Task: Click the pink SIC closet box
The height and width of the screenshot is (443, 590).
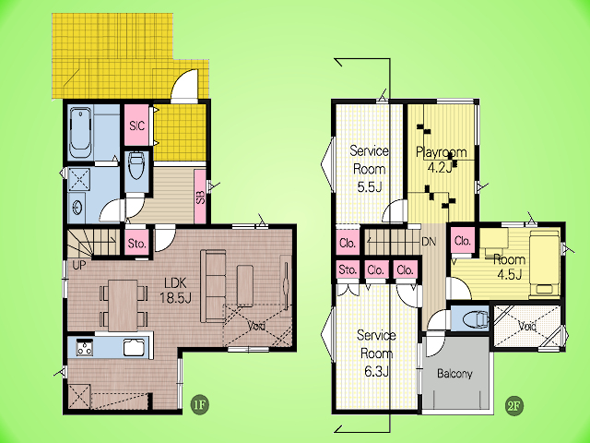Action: point(136,126)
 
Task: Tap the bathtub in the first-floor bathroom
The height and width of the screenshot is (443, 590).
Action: point(81,133)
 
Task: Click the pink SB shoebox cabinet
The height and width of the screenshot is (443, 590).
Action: point(201,196)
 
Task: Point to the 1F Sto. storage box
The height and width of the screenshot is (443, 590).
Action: point(137,244)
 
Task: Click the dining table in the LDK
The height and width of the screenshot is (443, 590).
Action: point(123,305)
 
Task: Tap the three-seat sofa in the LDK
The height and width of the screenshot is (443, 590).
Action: point(213,285)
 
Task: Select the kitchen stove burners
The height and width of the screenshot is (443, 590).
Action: point(85,347)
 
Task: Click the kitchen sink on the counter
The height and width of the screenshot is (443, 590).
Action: point(134,347)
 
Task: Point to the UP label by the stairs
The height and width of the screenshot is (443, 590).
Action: point(79,265)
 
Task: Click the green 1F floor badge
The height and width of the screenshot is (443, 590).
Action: point(199,405)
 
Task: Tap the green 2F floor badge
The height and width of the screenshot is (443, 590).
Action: point(513,406)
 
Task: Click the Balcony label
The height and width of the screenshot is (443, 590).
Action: point(454,373)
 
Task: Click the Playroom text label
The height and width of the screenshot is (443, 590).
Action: point(441,152)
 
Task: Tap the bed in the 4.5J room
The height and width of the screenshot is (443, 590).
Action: point(544,262)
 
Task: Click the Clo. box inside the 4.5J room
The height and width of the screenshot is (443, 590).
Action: point(463,240)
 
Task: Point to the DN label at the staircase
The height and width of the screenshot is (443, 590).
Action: point(429,242)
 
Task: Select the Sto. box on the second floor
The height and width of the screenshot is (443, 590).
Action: point(348,269)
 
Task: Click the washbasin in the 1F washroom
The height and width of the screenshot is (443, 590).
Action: point(77,207)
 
